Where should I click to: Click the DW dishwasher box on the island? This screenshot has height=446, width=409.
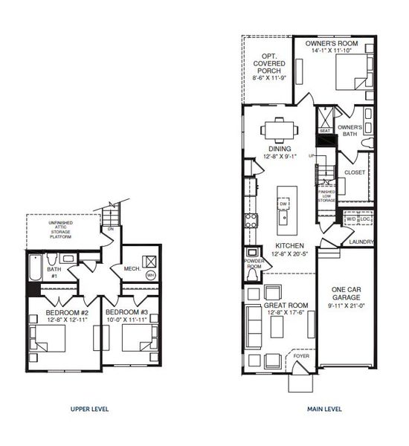(283, 204)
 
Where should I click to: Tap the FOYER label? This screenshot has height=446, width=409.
(302, 356)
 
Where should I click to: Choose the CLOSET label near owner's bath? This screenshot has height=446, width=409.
(355, 172)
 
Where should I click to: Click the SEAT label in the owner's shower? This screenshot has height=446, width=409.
(324, 130)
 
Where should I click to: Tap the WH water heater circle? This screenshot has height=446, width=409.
(151, 275)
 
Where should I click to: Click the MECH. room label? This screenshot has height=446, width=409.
(132, 268)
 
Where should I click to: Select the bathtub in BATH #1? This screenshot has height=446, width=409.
(38, 264)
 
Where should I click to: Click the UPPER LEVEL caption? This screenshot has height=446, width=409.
(91, 409)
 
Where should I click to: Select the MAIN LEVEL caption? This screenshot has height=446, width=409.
(325, 409)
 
